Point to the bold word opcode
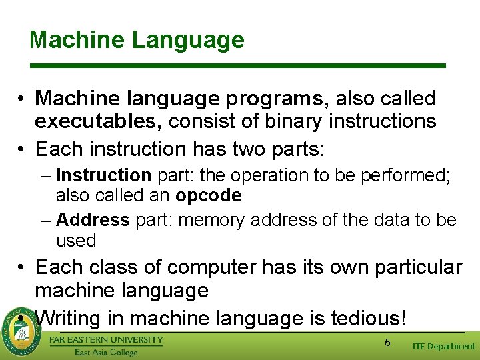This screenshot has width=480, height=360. [208, 195]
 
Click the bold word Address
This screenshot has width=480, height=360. [93, 219]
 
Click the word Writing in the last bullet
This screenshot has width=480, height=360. [71, 318]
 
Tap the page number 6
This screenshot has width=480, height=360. [387, 342]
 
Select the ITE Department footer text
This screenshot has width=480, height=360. [444, 346]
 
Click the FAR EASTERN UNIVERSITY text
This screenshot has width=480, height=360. [106, 339]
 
